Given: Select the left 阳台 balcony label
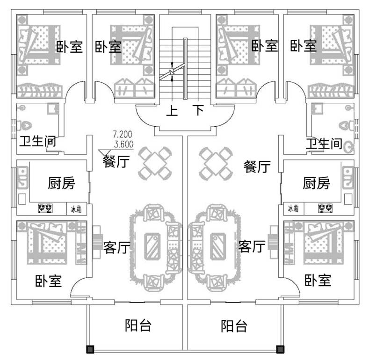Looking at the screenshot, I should (138, 325).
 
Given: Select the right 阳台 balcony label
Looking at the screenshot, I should (234, 325).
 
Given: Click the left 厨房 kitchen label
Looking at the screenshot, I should (61, 183).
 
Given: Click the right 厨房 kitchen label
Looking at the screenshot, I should (316, 183).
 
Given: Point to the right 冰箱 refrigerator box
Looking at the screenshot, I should (293, 208).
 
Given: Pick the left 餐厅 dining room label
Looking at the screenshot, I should (116, 163).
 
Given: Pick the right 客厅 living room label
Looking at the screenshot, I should (252, 246).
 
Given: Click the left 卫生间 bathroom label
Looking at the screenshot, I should (37, 141).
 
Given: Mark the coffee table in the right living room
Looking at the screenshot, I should (216, 246).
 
